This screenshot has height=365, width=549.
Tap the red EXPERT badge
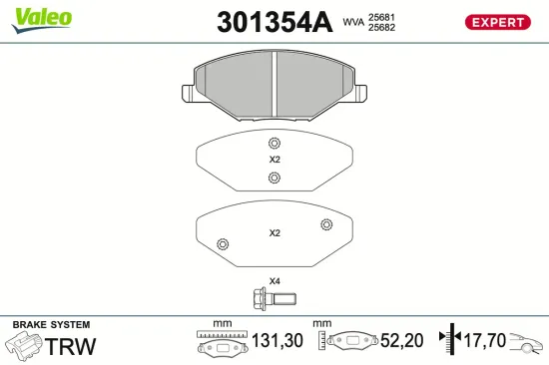pos(496,22)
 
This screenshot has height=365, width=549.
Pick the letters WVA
pos(353,22)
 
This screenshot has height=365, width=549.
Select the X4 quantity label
pos(274,280)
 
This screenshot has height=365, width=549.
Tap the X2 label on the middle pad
pos(274,160)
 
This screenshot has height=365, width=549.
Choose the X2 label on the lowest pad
pos(274,233)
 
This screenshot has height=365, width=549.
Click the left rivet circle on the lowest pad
pos(223,244)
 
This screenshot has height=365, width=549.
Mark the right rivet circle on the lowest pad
pos(324,225)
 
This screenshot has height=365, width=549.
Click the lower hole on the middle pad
pos(274,178)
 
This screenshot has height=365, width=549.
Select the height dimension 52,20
pos(402,341)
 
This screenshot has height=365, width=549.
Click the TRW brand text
pos(72,346)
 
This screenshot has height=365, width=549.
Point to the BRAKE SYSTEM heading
pos(50,325)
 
